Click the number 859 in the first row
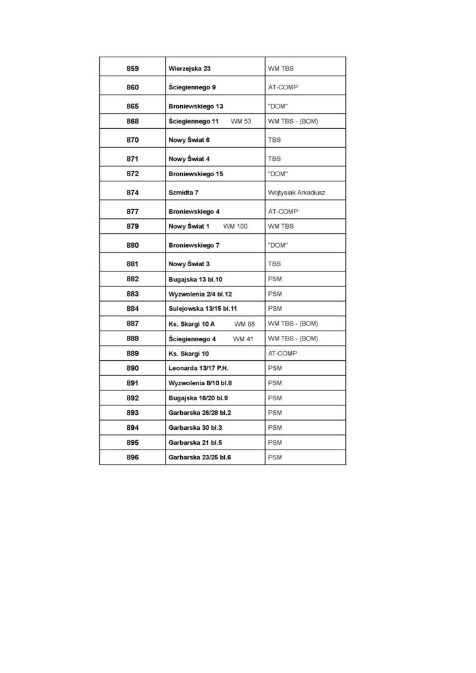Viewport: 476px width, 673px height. [132, 68]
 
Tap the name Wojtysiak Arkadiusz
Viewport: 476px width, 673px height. [297, 193]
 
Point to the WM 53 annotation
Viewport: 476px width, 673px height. [241, 122]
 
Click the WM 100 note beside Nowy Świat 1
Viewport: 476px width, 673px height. [235, 226]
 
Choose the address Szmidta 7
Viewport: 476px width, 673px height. [183, 193]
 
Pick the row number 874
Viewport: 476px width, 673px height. [132, 193]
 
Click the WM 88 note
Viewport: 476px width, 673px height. [244, 324]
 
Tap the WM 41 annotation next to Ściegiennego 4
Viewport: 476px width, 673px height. [243, 339]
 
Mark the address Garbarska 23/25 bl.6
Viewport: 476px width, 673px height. [204, 457]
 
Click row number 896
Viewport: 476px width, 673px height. [132, 457]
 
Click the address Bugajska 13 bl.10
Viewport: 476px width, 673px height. [195, 279]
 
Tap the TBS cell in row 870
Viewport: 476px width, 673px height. [274, 140]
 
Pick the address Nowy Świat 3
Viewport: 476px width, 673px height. [189, 264]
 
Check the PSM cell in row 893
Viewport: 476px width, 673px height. [275, 413]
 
